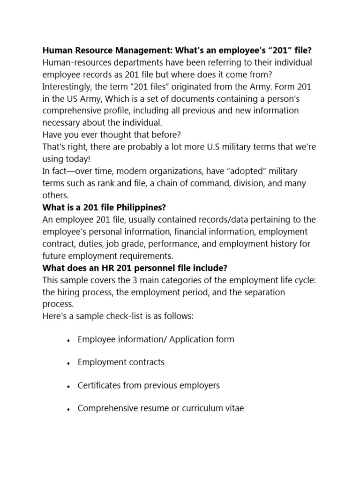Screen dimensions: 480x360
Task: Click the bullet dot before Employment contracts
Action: tap(69, 363)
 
